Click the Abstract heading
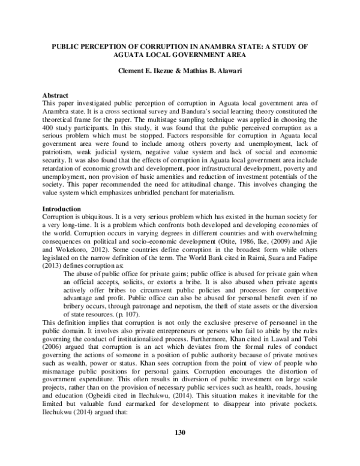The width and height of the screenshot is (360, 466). [55, 95]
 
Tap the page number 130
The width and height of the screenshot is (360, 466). [179, 449]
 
